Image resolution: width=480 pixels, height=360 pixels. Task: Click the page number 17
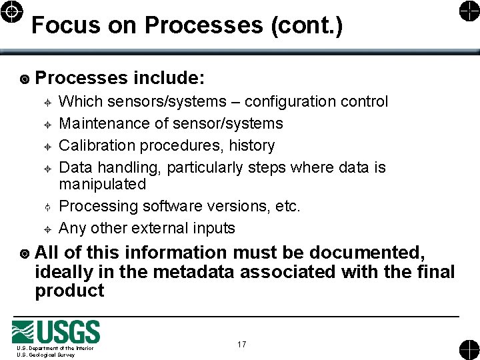[241, 344]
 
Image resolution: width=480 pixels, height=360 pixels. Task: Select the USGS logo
[56, 333]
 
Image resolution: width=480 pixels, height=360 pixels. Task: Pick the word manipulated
[102, 183]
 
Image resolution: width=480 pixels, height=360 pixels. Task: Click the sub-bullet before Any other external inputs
[48, 229]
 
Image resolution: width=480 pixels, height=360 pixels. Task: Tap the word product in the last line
[69, 291]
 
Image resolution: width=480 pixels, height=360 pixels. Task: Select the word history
[252, 145]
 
